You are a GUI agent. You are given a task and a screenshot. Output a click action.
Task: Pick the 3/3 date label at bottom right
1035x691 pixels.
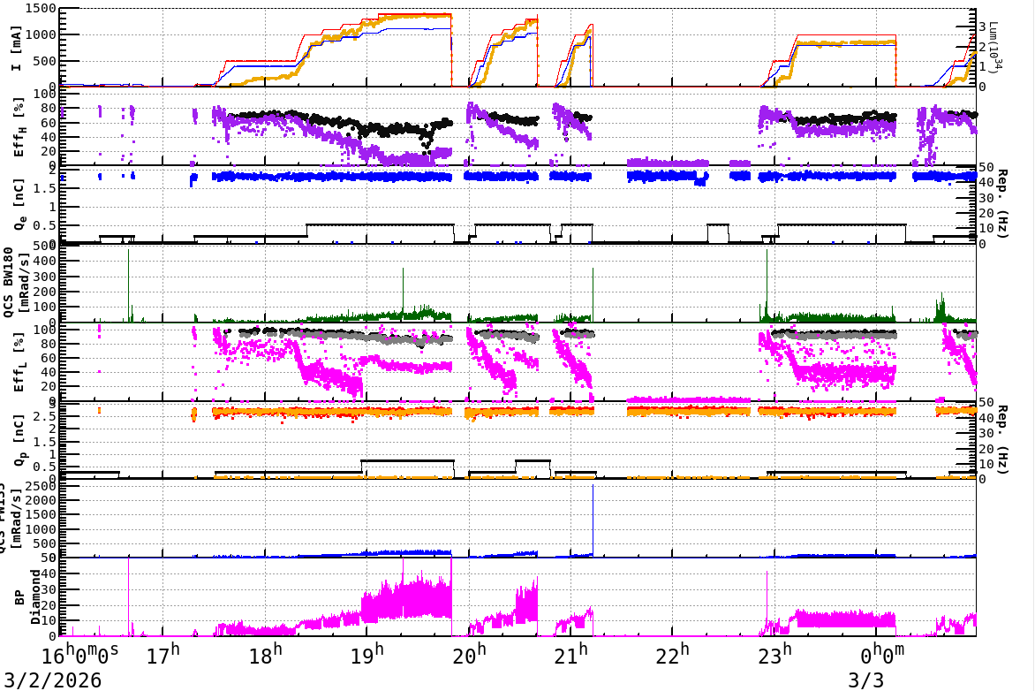(865, 680)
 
